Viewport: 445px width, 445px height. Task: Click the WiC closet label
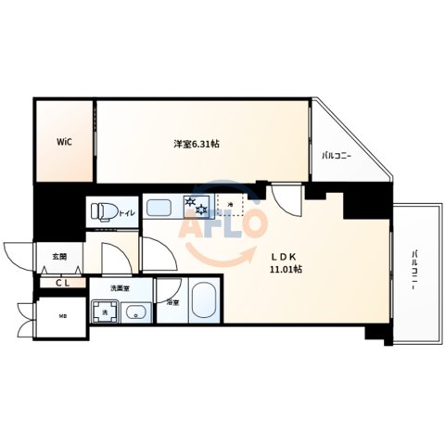pyautogui.click(x=64, y=142)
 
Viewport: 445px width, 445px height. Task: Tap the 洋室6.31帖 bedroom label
pyautogui.click(x=202, y=144)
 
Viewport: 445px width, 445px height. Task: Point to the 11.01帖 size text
pyautogui.click(x=285, y=271)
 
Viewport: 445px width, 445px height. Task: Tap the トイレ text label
pyautogui.click(x=126, y=212)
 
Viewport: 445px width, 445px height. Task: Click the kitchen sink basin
pyautogui.click(x=161, y=204)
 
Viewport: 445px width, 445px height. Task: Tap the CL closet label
pyautogui.click(x=61, y=283)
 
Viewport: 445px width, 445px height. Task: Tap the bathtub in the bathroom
pyautogui.click(x=203, y=302)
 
